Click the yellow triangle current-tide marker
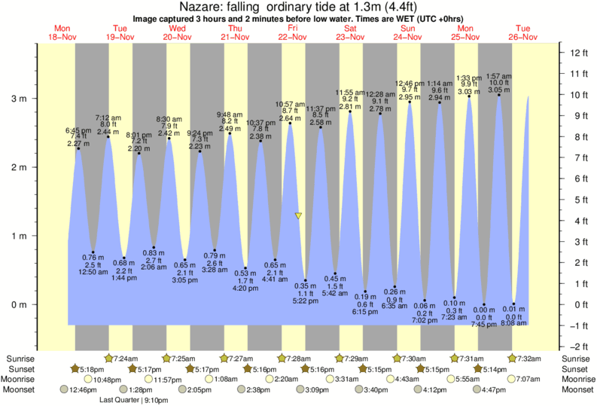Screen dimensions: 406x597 298,216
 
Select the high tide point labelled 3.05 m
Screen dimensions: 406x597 498,95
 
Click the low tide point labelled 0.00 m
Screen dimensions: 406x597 484,305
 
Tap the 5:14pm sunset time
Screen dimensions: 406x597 492,369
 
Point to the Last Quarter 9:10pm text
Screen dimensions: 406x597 135,400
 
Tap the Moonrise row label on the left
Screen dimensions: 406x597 23,380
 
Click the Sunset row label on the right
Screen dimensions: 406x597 575,369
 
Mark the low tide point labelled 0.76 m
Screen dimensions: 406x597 93,252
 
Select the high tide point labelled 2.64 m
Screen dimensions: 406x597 290,124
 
